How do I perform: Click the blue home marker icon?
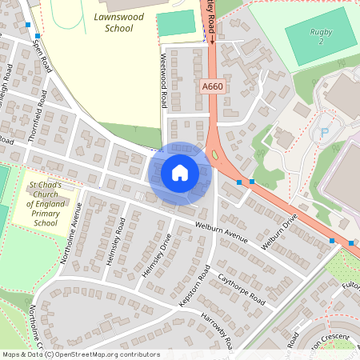pos(179,173)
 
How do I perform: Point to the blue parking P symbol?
pos(324,133)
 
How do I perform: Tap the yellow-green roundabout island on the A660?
pos(214,152)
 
